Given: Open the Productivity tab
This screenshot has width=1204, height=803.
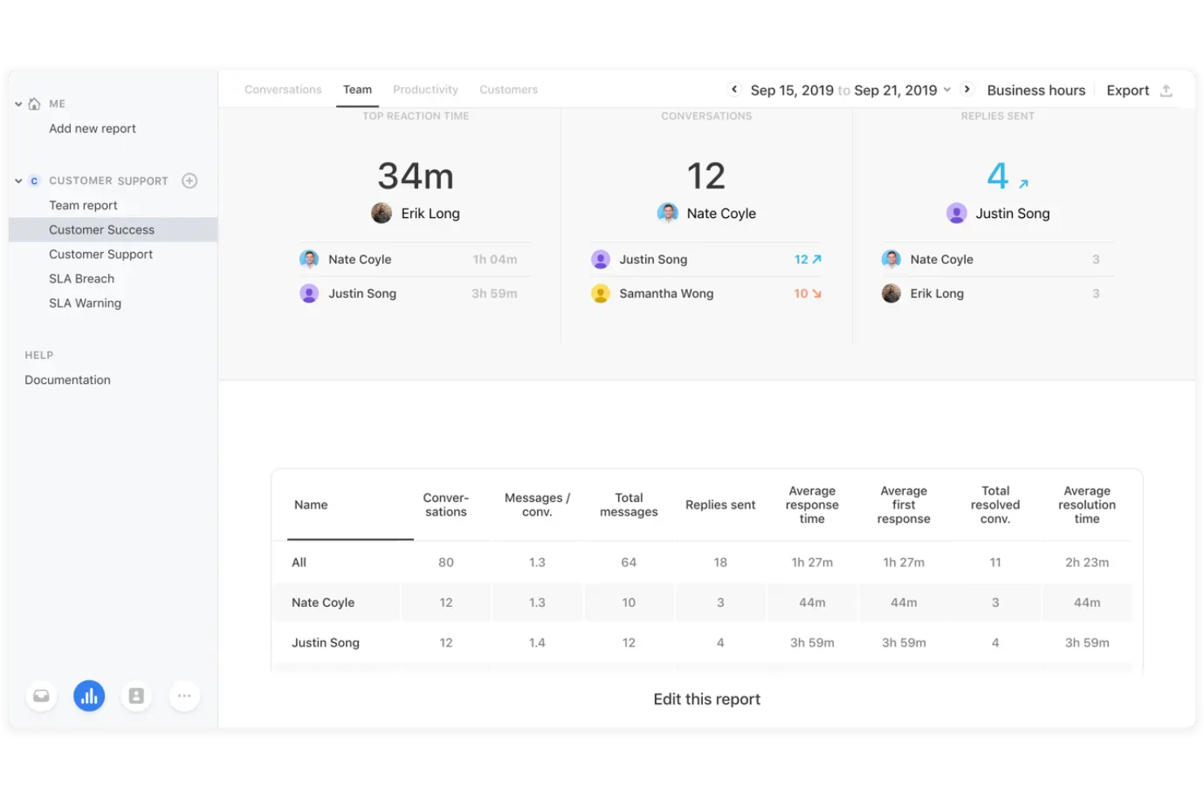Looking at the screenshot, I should [425, 89].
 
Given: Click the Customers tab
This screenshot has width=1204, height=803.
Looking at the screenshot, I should [508, 89].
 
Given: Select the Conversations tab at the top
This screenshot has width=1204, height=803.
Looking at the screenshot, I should [282, 89].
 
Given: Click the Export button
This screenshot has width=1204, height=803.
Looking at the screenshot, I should [1128, 90].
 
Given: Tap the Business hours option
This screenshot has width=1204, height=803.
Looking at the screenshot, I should [1036, 90].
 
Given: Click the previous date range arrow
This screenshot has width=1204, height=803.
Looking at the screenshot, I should [734, 89].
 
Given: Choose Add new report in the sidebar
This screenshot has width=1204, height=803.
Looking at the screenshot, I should [92, 129].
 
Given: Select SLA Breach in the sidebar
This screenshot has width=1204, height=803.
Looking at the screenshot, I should [81, 278].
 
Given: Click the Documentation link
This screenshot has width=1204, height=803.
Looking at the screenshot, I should [68, 380].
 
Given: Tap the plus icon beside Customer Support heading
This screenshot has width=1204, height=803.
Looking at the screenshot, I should [190, 181].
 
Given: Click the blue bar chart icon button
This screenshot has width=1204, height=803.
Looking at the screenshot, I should [89, 696].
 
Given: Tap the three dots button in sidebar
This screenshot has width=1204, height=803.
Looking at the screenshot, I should [185, 696].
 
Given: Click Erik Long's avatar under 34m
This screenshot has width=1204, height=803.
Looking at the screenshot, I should [382, 213].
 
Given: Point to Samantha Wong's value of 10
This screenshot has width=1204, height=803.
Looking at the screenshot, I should [801, 294].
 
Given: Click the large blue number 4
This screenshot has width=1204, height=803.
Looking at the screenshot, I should [997, 177].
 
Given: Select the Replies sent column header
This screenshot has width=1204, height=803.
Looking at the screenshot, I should [720, 505].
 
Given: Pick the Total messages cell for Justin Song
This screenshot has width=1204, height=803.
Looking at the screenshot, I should [629, 643].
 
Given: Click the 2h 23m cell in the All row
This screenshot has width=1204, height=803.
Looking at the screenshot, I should [1087, 562].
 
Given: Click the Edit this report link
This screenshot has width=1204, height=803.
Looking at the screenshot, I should [706, 699].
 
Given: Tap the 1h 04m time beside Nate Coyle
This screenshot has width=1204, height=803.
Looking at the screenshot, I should [495, 260].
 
